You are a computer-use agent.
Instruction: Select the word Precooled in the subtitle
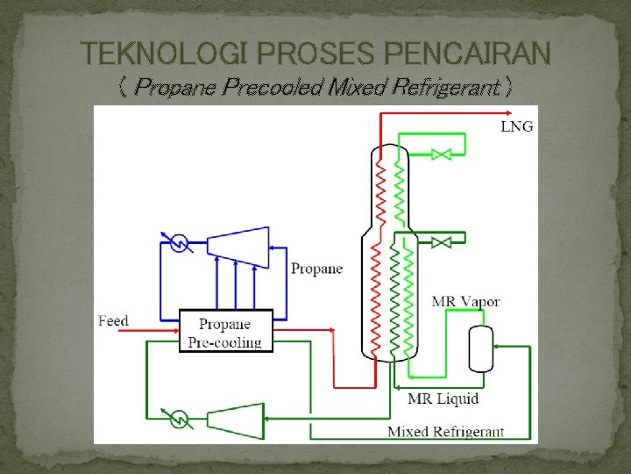(x=263, y=88)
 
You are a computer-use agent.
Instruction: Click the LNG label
(x=516, y=126)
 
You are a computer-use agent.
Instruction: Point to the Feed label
(x=113, y=320)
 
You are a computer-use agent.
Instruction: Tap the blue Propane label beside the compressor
(x=316, y=269)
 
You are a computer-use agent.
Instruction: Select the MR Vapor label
(x=465, y=302)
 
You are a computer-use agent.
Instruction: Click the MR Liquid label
(x=443, y=399)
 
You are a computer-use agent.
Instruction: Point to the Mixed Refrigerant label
(x=446, y=431)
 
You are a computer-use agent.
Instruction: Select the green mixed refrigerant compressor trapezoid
(x=237, y=420)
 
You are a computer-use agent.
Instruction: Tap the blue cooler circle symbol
(x=179, y=242)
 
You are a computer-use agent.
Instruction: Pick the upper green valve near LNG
(x=442, y=154)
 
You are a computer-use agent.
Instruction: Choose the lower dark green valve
(x=442, y=241)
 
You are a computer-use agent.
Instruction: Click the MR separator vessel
(x=480, y=348)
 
